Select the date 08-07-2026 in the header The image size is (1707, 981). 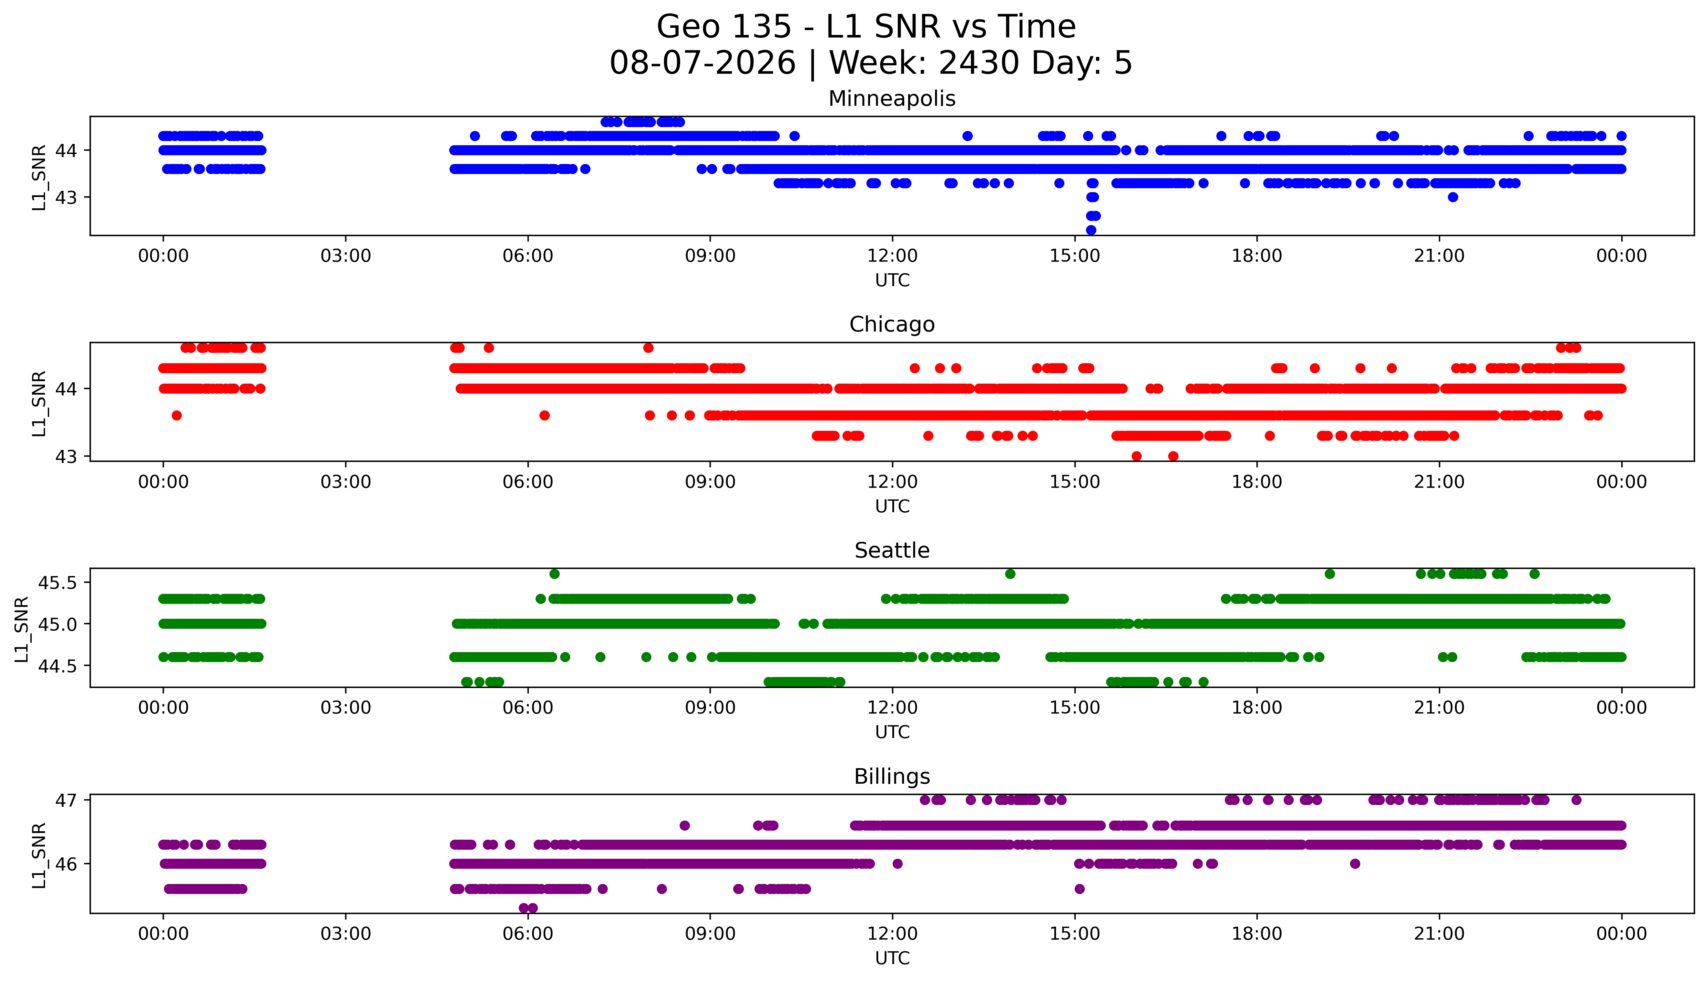(x=702, y=63)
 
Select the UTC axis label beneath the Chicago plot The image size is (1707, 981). (x=892, y=506)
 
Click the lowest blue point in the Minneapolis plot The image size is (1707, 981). (x=1091, y=230)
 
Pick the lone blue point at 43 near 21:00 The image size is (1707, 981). (x=1453, y=197)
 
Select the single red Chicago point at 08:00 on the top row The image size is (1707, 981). (x=648, y=348)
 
